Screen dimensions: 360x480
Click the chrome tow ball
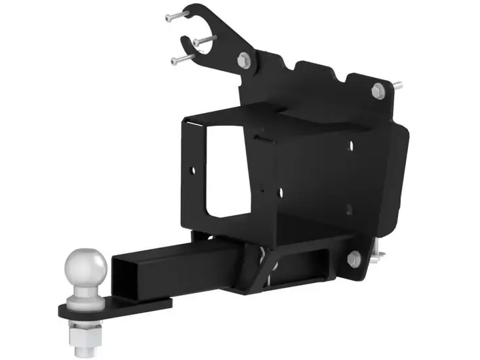point(86,268)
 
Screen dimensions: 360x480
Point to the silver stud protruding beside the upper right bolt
point(397,85)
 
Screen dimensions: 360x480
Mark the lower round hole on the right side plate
point(349,209)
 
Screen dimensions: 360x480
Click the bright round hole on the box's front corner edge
point(280,191)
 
